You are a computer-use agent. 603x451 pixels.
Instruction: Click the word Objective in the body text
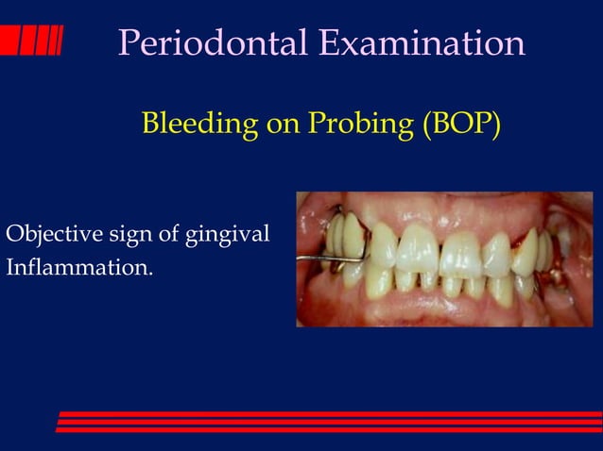[x=44, y=233]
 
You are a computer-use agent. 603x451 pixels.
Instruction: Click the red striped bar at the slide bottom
[x=331, y=422]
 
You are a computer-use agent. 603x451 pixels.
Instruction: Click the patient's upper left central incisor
[x=460, y=251]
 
